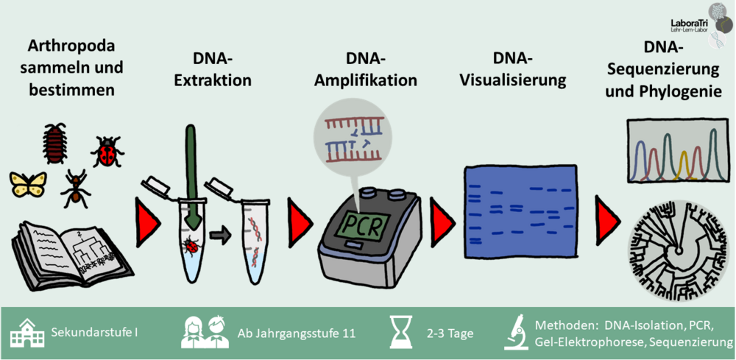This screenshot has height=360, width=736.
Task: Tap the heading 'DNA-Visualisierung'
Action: [x=513, y=68]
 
